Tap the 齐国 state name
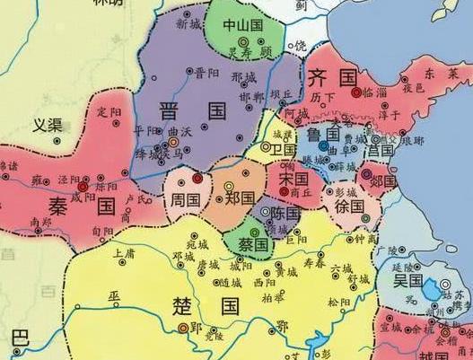(x=328, y=75)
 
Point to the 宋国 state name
(x=293, y=179)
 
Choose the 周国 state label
(x=185, y=199)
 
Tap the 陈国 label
(x=285, y=214)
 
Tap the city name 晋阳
(x=208, y=72)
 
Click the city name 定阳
(x=109, y=111)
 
